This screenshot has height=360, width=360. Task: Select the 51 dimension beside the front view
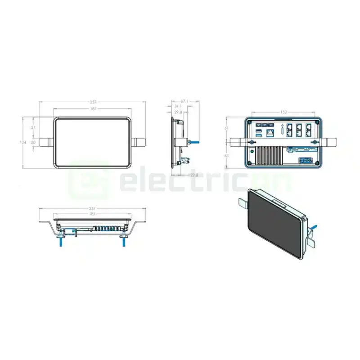[x=32, y=128]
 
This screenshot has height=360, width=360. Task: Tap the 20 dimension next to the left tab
[x=32, y=142]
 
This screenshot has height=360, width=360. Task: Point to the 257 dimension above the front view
[x=93, y=103]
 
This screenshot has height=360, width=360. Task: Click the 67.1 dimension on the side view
[x=184, y=101]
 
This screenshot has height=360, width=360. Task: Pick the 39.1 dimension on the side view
[x=179, y=106]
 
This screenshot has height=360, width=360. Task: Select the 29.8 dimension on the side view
[x=178, y=112]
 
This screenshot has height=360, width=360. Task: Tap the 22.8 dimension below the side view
[x=194, y=175]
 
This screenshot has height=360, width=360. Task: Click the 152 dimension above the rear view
[x=284, y=112]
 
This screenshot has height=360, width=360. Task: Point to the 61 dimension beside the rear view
[x=226, y=128]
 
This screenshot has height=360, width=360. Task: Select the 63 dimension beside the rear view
[x=226, y=156]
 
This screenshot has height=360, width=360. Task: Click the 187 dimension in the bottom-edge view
[x=93, y=214]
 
